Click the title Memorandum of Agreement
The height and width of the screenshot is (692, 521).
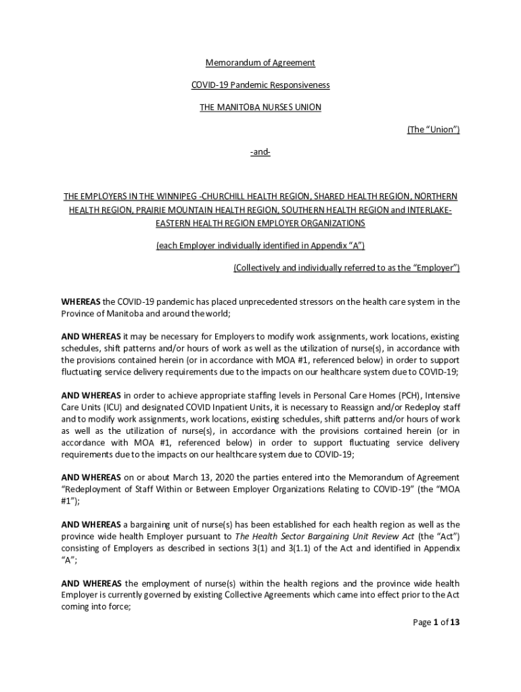tap(260, 63)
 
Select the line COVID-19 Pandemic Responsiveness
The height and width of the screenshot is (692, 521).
tap(260, 85)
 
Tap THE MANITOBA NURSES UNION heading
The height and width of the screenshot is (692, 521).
tap(260, 107)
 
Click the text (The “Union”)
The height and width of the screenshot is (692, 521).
tap(433, 130)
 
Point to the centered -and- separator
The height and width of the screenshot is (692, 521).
tap(260, 152)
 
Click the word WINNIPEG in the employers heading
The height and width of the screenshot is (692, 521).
tap(154, 197)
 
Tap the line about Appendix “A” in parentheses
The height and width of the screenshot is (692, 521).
tap(260, 245)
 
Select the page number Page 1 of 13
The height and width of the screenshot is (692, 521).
tap(436, 622)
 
